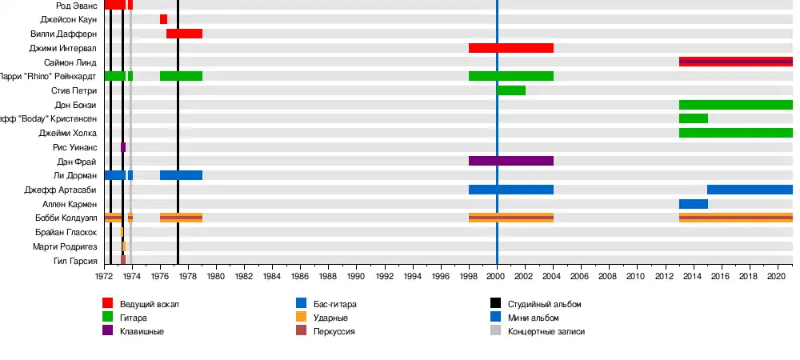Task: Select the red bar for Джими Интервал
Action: tap(511, 48)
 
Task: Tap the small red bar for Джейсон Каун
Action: tap(163, 19)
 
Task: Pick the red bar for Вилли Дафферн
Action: tap(184, 34)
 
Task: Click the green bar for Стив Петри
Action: tap(511, 90)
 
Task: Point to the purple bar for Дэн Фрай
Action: tap(511, 161)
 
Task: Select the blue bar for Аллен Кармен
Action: tap(693, 204)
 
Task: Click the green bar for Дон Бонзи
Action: tap(735, 105)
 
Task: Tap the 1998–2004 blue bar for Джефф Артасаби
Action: tap(511, 190)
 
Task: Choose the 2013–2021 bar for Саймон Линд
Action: tap(735, 62)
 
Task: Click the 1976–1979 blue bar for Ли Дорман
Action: tap(181, 175)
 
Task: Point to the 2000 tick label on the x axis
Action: tap(497, 276)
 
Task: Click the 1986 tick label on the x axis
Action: tap(300, 276)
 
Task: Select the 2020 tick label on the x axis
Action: tap(777, 276)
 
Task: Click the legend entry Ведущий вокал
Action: tap(150, 304)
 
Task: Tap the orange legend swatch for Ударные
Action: tap(302, 318)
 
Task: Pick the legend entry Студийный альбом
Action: tap(544, 304)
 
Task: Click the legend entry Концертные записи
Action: tap(546, 331)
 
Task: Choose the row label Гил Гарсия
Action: tap(75, 261)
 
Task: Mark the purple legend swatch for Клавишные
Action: tap(108, 331)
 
